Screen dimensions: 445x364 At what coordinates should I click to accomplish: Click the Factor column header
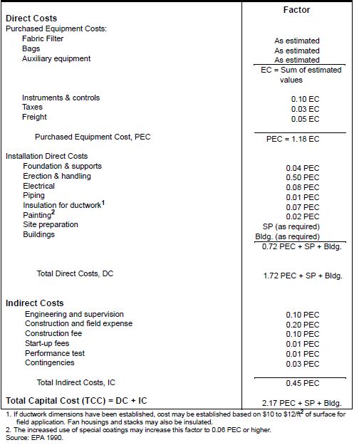click(x=296, y=10)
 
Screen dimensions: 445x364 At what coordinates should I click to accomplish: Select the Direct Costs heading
click(x=31, y=19)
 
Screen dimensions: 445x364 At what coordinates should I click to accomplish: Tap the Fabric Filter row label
click(x=43, y=38)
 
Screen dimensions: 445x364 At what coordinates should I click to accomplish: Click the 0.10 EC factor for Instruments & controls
click(x=306, y=99)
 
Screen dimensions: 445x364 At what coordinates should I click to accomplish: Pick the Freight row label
click(x=34, y=117)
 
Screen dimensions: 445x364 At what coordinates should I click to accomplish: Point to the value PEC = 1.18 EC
click(x=293, y=139)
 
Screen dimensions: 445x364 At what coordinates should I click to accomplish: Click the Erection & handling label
click(x=57, y=176)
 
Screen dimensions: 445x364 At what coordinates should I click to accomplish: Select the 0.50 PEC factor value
click(x=303, y=177)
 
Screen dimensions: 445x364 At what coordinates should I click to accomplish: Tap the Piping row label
click(x=33, y=195)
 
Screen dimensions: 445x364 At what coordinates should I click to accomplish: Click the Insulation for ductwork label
click(x=63, y=206)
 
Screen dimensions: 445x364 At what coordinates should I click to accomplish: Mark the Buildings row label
click(x=38, y=234)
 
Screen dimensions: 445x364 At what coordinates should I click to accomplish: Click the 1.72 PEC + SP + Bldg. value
click(x=303, y=275)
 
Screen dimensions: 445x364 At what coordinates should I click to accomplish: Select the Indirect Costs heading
click(x=35, y=303)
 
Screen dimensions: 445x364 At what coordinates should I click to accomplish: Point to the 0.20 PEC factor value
click(x=303, y=325)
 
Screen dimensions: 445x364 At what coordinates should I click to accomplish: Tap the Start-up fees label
click(x=47, y=343)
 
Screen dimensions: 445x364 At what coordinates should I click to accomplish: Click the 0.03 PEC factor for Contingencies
click(x=303, y=364)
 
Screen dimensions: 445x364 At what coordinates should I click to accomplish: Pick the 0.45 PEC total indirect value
click(x=303, y=383)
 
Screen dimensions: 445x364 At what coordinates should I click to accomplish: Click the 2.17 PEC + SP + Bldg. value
click(x=303, y=403)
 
